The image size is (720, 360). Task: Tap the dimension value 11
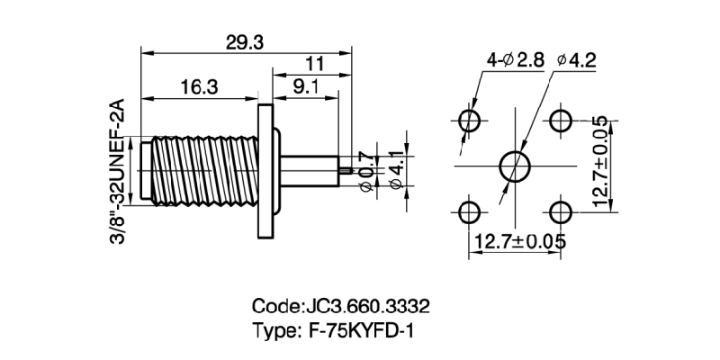[x=314, y=64]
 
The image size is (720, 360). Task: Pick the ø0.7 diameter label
[x=365, y=168]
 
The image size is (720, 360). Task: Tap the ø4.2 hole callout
[x=577, y=60]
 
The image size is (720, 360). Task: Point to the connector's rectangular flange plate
[x=265, y=170]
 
